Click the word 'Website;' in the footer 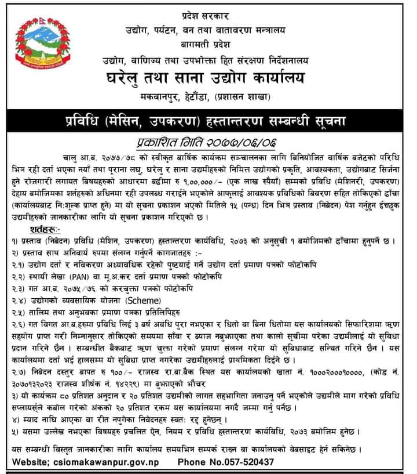pos(30,461)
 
